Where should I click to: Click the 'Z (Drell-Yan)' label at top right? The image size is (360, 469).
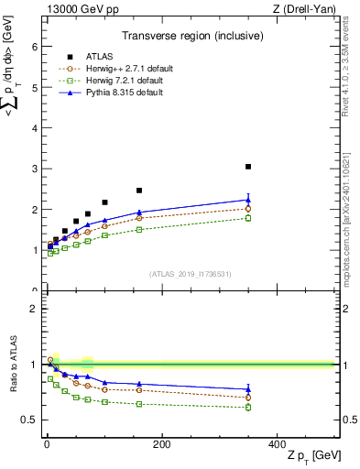coord(308,9)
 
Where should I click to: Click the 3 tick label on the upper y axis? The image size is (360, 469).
coord(33,169)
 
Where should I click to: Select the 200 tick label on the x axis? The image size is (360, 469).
coord(161,443)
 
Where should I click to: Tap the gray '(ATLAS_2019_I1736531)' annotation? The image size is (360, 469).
coord(191,274)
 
